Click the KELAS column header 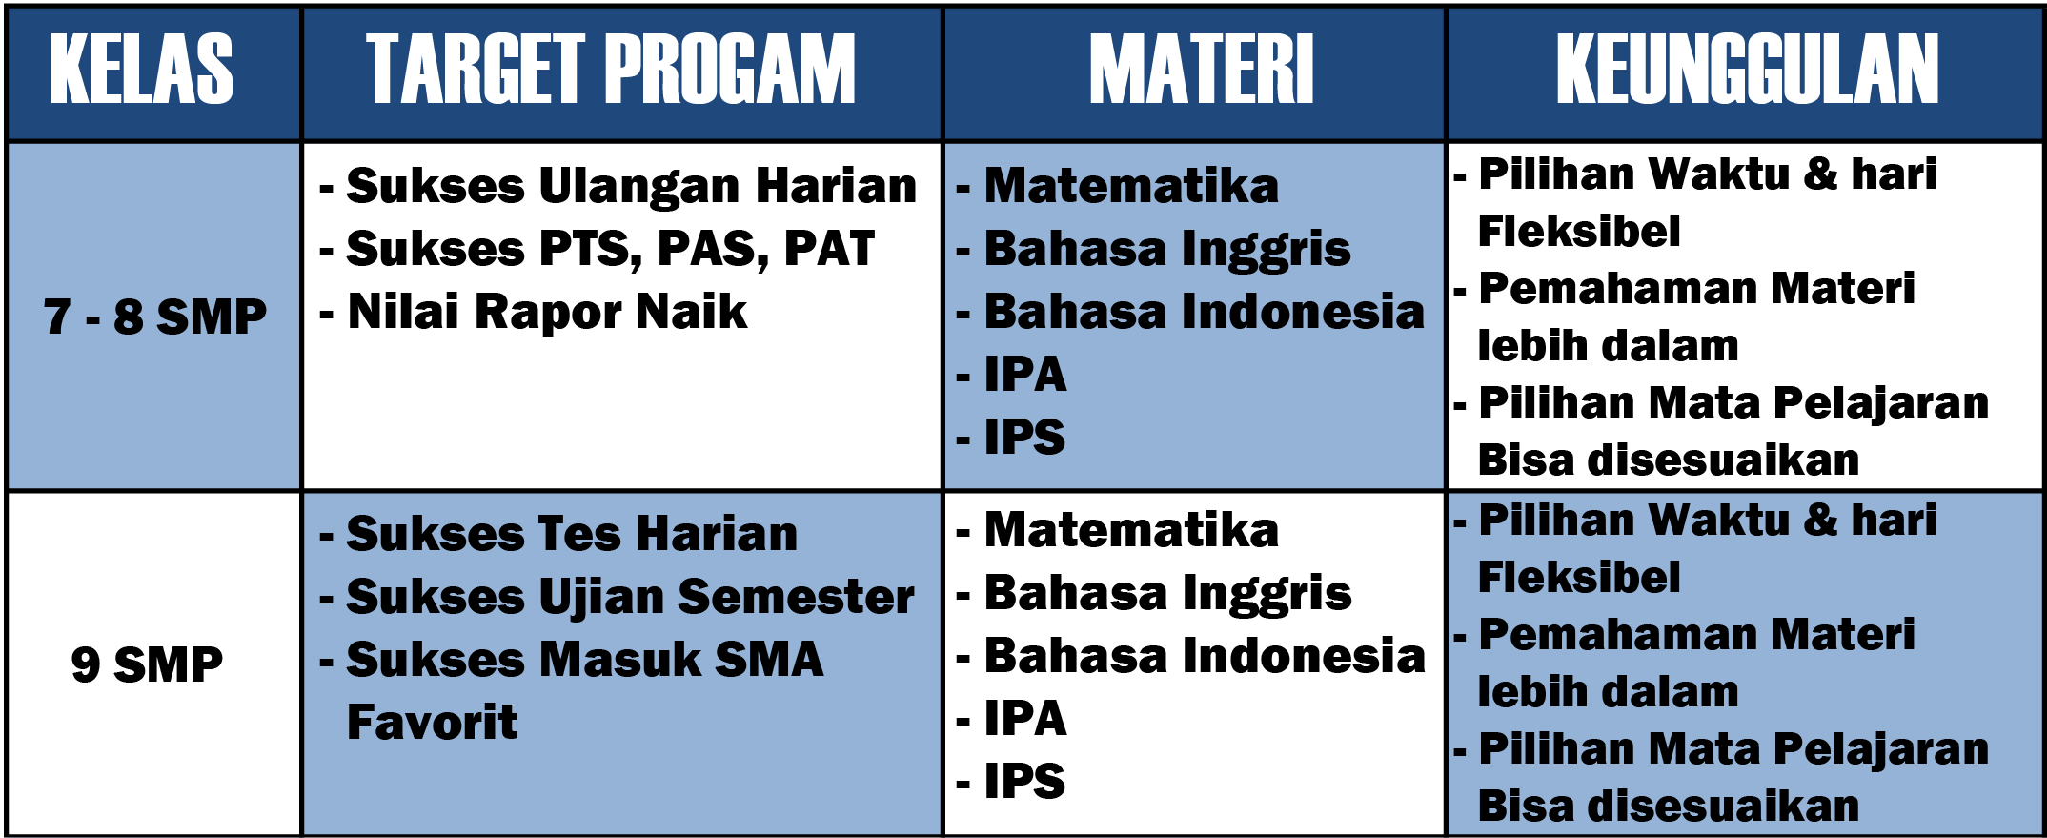[x=141, y=69]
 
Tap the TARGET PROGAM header [x=611, y=69]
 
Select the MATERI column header [x=1202, y=69]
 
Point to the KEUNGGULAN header [x=1748, y=69]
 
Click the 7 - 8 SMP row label [x=155, y=317]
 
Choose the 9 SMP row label [x=147, y=664]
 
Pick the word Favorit [x=433, y=722]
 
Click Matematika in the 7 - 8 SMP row [x=1131, y=186]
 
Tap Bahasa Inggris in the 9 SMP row [x=1167, y=594]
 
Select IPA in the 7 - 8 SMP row [x=1024, y=375]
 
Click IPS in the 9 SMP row [x=1024, y=782]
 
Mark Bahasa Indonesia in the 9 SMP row [x=1205, y=656]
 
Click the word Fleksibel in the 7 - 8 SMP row [x=1578, y=232]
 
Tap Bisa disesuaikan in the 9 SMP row [x=1668, y=807]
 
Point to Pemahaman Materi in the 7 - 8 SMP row [x=1696, y=289]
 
